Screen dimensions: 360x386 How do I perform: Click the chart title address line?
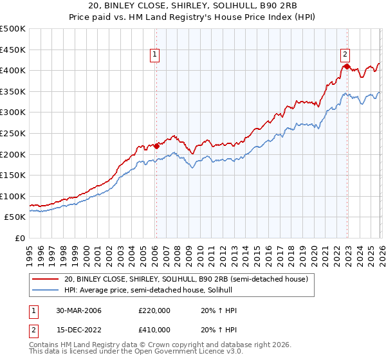click(x=192, y=6)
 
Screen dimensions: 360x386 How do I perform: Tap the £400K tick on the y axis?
click(x=13, y=70)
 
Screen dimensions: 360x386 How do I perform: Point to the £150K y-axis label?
click(x=13, y=175)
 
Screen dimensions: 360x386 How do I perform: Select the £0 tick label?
click(x=19, y=238)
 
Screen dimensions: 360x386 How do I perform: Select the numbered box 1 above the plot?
click(x=156, y=55)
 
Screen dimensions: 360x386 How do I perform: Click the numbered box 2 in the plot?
click(x=345, y=55)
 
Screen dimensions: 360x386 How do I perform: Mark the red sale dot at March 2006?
click(x=156, y=146)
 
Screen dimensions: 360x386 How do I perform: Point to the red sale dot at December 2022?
click(x=347, y=66)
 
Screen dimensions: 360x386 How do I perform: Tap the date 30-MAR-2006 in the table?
click(x=79, y=310)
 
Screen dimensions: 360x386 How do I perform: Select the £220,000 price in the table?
click(x=154, y=310)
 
